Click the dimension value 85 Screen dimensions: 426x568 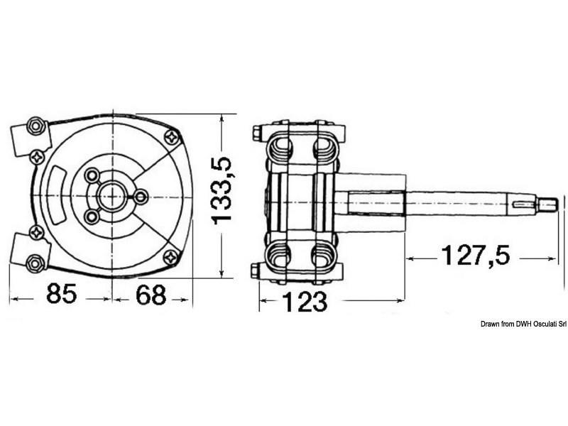[x=60, y=295]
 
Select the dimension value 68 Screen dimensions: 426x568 [x=151, y=295]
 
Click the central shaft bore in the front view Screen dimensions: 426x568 [x=112, y=195]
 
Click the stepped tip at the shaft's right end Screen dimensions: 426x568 [x=547, y=205]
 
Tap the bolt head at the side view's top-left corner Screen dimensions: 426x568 [x=256, y=132]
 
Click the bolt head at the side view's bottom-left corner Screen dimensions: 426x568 [x=256, y=270]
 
